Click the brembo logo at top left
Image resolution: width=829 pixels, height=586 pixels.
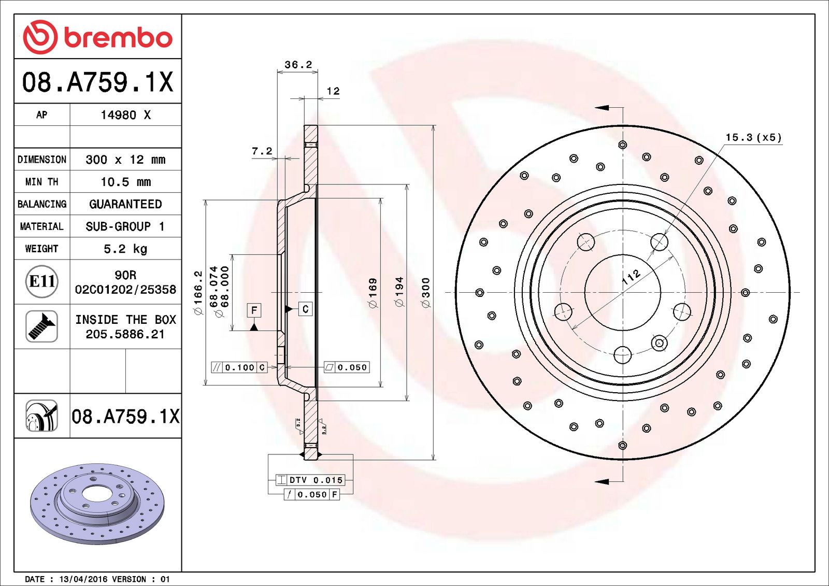coord(98,37)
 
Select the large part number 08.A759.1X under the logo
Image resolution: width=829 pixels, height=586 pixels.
coord(98,82)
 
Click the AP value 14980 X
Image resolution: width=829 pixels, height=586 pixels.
coord(125,115)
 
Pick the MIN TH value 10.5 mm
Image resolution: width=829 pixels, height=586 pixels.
coord(125,182)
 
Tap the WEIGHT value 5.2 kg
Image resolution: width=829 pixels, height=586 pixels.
coord(125,249)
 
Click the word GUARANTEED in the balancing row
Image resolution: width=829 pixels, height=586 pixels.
coord(125,204)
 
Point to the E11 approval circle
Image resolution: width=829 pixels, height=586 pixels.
coord(41,281)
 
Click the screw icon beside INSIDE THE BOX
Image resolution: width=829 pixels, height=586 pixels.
coord(41,326)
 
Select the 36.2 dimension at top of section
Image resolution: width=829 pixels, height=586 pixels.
coord(298,65)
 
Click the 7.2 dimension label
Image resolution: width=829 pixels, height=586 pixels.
coord(262,151)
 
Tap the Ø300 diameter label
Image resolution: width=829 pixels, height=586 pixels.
coord(426,293)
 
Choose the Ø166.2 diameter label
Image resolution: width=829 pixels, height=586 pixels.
coord(198,293)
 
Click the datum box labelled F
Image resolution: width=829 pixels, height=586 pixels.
coord(254,310)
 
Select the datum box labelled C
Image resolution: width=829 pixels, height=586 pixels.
coord(305,309)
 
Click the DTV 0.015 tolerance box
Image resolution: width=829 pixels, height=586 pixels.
coord(310,480)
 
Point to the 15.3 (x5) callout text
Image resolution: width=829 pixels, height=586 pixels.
coord(753,137)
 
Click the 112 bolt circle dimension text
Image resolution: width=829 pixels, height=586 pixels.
coord(631,277)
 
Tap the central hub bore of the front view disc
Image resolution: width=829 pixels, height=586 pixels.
coord(622,293)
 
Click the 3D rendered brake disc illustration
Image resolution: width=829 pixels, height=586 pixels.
coord(97,503)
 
